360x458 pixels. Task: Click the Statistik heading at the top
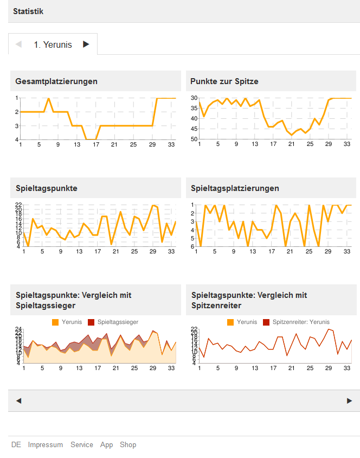pyautogui.click(x=28, y=11)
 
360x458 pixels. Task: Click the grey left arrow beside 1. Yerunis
pyautogui.click(x=19, y=44)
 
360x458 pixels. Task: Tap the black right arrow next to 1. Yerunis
pyautogui.click(x=86, y=44)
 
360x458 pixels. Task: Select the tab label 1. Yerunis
pyautogui.click(x=53, y=45)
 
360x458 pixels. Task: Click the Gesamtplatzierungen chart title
pyautogui.click(x=56, y=81)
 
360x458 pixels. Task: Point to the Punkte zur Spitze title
pyautogui.click(x=224, y=81)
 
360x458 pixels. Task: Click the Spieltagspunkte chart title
pyautogui.click(x=47, y=188)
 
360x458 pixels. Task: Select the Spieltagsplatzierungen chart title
pyautogui.click(x=235, y=188)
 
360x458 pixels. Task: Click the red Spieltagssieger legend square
pyautogui.click(x=91, y=322)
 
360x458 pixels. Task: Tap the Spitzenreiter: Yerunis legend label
pyautogui.click(x=301, y=322)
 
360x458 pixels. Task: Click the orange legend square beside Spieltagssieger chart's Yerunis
pyautogui.click(x=55, y=322)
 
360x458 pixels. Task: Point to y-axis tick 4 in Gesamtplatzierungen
pyautogui.click(x=17, y=139)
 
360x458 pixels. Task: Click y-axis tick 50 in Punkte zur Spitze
pyautogui.click(x=194, y=139)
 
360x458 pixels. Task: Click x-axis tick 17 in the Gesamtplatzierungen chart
pyautogui.click(x=96, y=145)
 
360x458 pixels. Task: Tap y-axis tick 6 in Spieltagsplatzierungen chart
pyautogui.click(x=192, y=247)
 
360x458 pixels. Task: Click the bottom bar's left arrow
pyautogui.click(x=19, y=401)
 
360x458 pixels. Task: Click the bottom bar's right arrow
pyautogui.click(x=349, y=401)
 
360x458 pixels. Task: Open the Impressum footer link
pyautogui.click(x=46, y=445)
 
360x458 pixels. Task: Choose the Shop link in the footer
pyautogui.click(x=128, y=445)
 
